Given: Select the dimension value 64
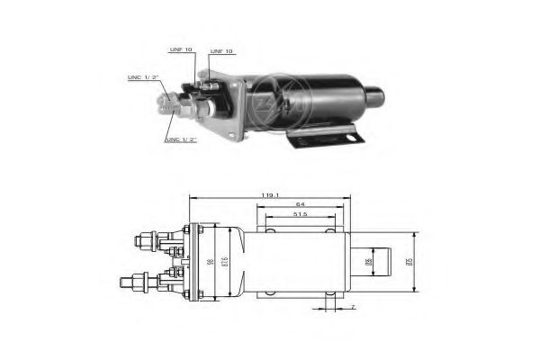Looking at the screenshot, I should click(x=299, y=203).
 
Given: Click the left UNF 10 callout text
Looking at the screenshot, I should click(x=180, y=49).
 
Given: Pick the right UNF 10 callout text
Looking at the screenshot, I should click(x=221, y=51).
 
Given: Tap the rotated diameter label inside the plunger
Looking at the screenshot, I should click(x=369, y=262).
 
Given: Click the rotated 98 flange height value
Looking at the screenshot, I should click(x=209, y=262).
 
